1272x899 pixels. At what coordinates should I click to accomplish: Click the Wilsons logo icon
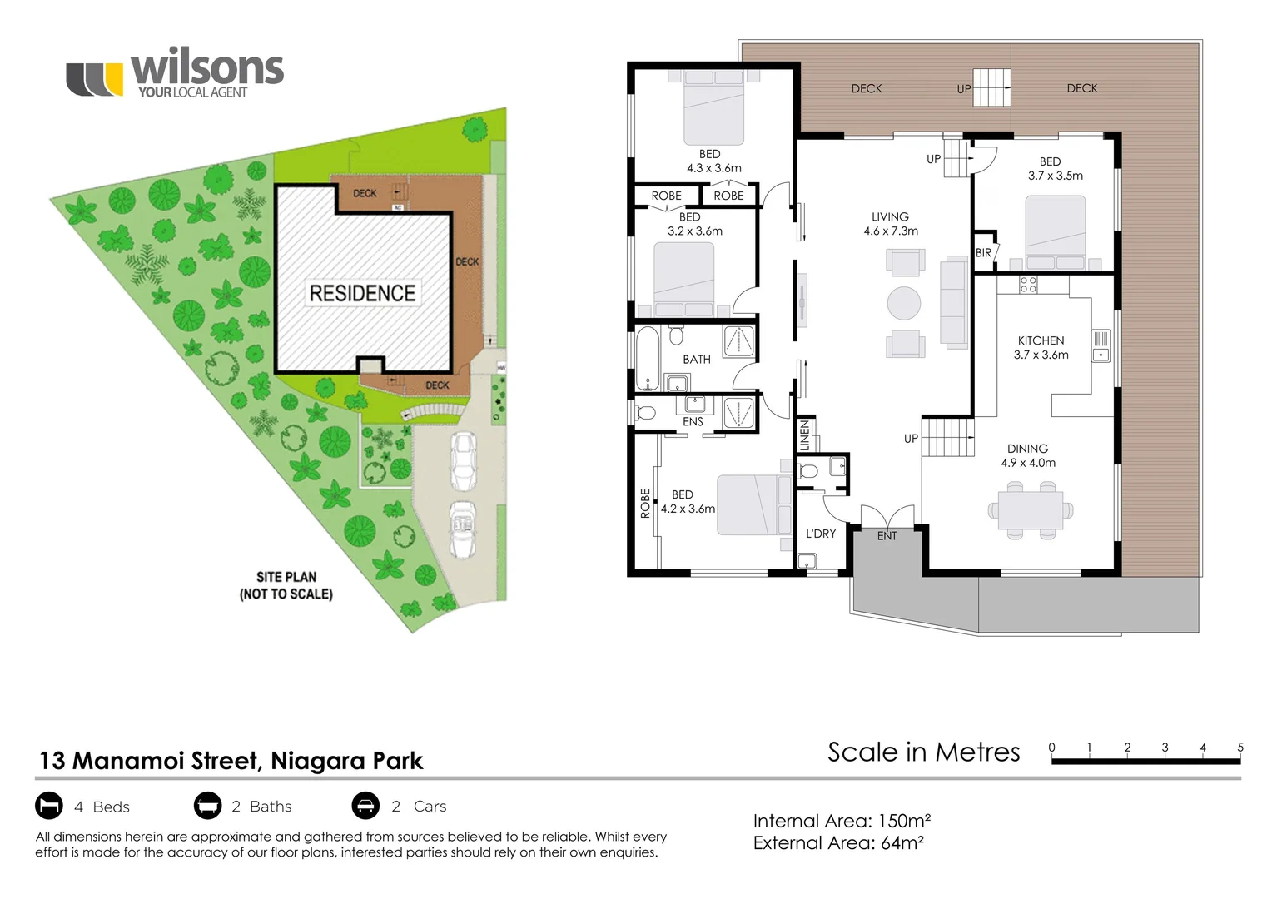point(94,79)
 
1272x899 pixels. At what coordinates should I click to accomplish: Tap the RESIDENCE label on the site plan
point(362,293)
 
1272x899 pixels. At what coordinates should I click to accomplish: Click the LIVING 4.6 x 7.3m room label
point(890,224)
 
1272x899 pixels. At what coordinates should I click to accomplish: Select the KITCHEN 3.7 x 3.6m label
point(1041,347)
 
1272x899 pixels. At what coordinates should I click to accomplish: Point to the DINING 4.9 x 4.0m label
point(1027,455)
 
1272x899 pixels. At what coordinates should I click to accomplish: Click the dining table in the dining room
point(1030,509)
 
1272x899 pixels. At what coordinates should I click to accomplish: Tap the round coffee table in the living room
point(903,303)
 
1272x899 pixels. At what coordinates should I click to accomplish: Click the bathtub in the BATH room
point(648,358)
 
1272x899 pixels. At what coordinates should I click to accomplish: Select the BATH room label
point(697,360)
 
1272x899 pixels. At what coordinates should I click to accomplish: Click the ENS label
point(693,422)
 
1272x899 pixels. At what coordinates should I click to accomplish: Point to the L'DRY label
point(820,534)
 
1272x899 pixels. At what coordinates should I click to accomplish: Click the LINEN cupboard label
point(804,435)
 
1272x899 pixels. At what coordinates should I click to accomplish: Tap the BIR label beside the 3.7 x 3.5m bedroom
point(983,253)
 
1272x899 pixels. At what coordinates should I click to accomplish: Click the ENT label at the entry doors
point(887,536)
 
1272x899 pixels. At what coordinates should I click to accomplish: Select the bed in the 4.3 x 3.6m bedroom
point(713,108)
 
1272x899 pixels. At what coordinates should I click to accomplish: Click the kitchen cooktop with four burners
point(1028,285)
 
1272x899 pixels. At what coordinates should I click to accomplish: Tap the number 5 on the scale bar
point(1240,748)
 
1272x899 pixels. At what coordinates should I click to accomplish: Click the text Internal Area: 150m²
point(841,821)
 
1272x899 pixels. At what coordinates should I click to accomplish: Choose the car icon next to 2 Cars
point(365,806)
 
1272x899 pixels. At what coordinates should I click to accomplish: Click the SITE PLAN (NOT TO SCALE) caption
point(286,585)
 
